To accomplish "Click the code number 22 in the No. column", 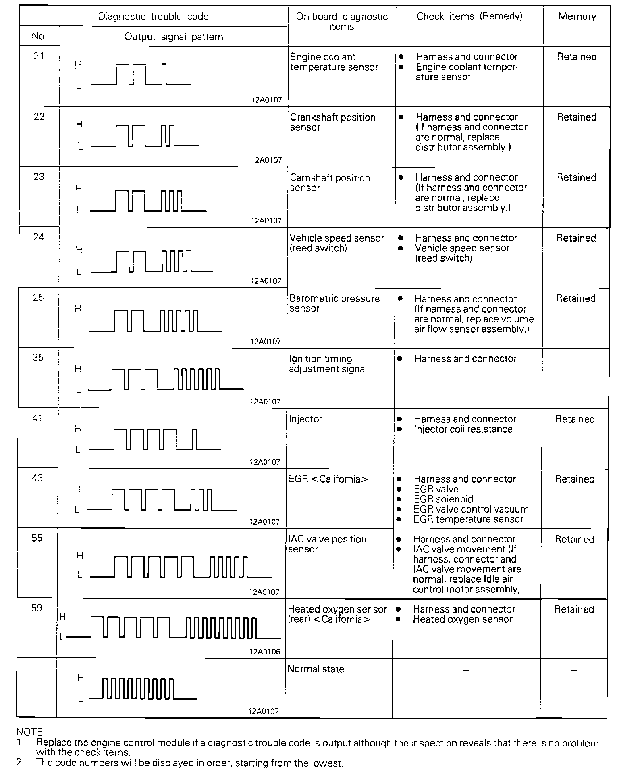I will pyautogui.click(x=39, y=117).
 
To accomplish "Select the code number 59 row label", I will pyautogui.click(x=37, y=608).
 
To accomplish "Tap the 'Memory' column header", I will pyautogui.click(x=577, y=17).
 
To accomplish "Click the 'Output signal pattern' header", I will pyautogui.click(x=173, y=37).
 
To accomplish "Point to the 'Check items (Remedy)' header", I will pyautogui.click(x=469, y=17).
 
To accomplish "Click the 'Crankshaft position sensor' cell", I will pyautogui.click(x=333, y=122).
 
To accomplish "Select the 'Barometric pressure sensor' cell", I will pyautogui.click(x=334, y=303).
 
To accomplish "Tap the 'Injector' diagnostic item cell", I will pyautogui.click(x=305, y=419).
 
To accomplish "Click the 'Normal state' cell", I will pyautogui.click(x=316, y=669).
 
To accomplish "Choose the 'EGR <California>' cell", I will pyautogui.click(x=328, y=479).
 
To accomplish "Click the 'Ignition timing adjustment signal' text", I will pyautogui.click(x=328, y=364).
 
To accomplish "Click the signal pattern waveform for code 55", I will pyautogui.click(x=181, y=567).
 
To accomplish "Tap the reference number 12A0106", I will pyautogui.click(x=264, y=652).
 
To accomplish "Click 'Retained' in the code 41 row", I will pyautogui.click(x=575, y=419).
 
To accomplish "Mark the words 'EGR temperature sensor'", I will pyautogui.click(x=468, y=519).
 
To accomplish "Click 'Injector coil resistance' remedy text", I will pyautogui.click(x=463, y=429).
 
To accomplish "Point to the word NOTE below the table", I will pyautogui.click(x=29, y=732).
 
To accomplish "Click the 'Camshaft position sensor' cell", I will pyautogui.click(x=330, y=183).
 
